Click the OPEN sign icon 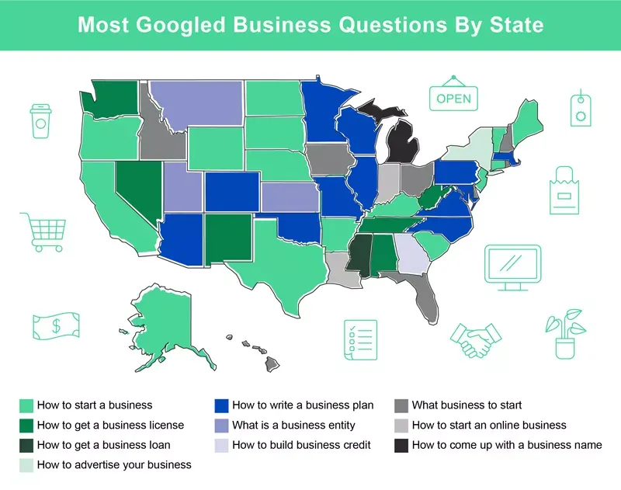[453, 98]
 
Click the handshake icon [476, 339]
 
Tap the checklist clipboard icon [360, 339]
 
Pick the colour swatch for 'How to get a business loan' [27, 445]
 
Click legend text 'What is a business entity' [293, 425]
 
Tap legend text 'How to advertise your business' [114, 465]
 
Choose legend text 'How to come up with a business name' [507, 445]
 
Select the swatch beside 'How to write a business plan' [221, 405]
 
